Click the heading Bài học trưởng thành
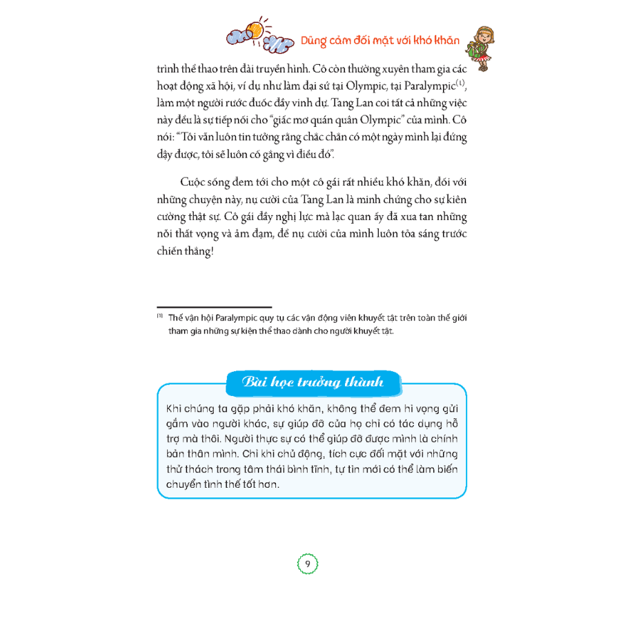pos(313,382)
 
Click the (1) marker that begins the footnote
pos(159,317)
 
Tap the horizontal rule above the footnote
pos(214,307)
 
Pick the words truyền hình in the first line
pos(283,70)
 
